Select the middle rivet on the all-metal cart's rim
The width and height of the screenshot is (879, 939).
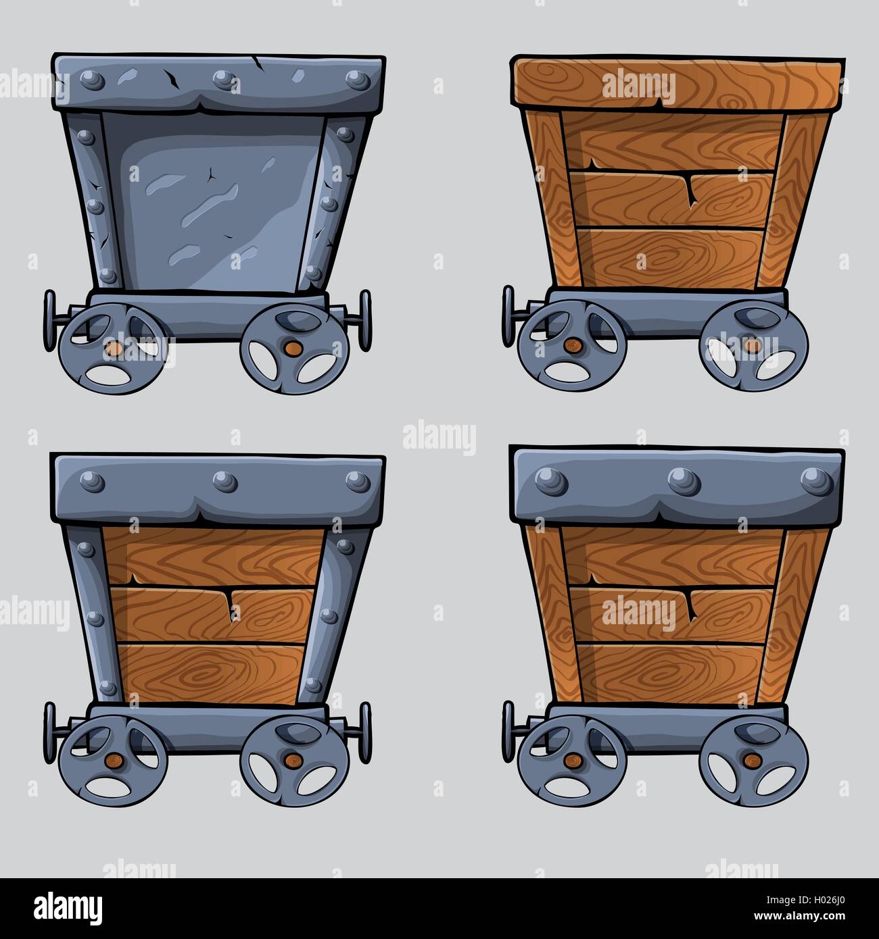[221, 80]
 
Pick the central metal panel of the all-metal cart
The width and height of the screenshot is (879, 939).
[213, 199]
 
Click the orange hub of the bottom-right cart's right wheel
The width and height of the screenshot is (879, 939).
[749, 761]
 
